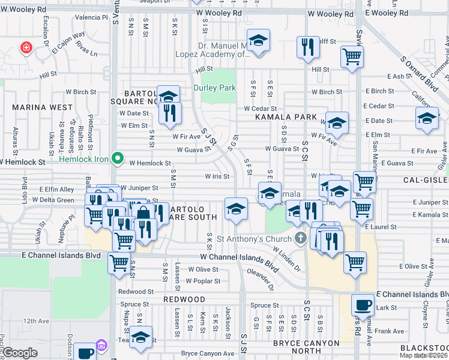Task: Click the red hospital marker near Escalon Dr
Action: click(x=26, y=48)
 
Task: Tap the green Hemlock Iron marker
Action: click(x=118, y=160)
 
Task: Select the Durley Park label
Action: click(x=215, y=88)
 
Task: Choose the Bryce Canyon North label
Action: click(x=306, y=343)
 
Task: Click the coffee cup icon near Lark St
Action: click(x=363, y=305)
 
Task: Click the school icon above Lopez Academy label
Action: click(x=259, y=41)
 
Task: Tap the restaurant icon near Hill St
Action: click(x=308, y=47)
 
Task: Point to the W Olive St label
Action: click(x=203, y=269)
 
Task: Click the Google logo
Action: click(x=20, y=353)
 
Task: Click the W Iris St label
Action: click(x=217, y=176)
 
